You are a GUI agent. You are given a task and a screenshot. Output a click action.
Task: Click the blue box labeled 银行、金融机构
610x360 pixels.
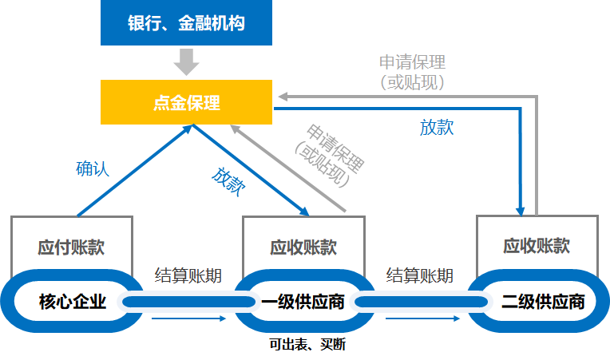(x=186, y=22)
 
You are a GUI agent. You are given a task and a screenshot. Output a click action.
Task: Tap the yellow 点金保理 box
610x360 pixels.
(x=186, y=102)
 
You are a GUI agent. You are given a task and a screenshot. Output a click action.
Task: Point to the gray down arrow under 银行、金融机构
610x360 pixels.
(x=186, y=61)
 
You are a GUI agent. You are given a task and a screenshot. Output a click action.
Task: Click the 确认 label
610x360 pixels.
(x=92, y=168)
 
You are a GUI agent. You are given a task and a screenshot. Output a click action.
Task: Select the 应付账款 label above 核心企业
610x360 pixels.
(x=71, y=247)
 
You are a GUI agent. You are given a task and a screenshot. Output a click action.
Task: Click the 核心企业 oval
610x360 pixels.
(x=73, y=302)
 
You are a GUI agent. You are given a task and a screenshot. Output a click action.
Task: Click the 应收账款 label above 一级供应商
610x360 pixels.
(x=303, y=247)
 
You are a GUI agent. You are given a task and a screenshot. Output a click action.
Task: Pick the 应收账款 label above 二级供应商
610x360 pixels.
(x=537, y=245)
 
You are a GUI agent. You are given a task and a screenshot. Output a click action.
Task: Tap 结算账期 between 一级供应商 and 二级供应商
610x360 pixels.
(x=420, y=276)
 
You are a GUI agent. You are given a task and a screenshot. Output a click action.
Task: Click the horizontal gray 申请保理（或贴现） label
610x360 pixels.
(x=412, y=71)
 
